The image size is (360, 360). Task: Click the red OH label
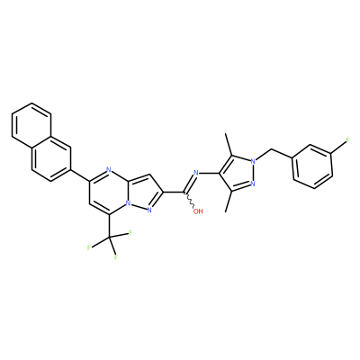click(x=198, y=211)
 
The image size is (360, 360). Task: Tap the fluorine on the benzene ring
click(x=348, y=139)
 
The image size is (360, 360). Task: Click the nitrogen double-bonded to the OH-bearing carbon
click(x=196, y=173)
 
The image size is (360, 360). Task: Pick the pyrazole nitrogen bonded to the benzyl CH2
click(x=253, y=161)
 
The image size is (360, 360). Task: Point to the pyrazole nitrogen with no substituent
click(x=253, y=184)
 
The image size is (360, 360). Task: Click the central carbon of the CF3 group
click(x=109, y=238)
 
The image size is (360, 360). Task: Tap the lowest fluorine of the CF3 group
click(x=115, y=257)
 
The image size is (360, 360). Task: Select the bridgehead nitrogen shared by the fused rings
click(x=128, y=203)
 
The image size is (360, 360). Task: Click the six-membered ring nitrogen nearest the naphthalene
click(x=109, y=170)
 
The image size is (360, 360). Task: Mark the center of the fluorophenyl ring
click(x=312, y=166)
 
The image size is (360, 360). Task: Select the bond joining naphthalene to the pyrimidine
click(x=80, y=175)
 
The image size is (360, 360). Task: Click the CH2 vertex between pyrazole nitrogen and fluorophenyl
click(x=273, y=149)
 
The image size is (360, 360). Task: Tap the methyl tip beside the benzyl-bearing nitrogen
click(x=226, y=134)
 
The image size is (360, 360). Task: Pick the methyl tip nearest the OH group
click(x=226, y=211)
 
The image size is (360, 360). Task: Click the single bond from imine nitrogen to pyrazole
click(x=210, y=174)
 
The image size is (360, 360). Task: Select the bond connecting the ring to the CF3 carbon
click(x=109, y=226)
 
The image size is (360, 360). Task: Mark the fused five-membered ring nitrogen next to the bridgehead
click(x=150, y=211)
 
